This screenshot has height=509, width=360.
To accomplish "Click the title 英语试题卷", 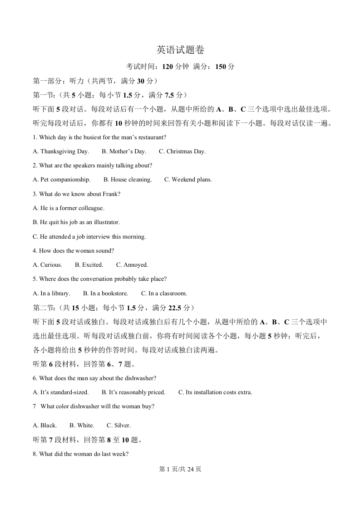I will coord(180,50).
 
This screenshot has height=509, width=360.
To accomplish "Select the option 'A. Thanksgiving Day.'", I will coord(61,152).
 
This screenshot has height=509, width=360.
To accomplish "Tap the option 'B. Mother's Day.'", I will coord(124,152).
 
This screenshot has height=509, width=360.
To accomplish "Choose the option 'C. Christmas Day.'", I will coord(182,152).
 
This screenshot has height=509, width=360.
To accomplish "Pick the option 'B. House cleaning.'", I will coord(128,180).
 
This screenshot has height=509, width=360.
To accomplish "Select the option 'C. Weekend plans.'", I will coord(188,180).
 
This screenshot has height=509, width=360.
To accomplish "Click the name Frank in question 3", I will coord(112,194).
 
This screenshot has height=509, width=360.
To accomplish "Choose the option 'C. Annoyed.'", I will coord(132,265).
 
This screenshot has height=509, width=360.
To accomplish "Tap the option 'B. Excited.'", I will coord(89,265).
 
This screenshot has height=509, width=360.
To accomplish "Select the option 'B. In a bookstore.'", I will coord(105,294).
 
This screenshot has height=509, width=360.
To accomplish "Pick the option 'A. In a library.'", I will coord(51,294).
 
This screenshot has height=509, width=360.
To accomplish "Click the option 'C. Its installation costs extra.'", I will coord(215,392).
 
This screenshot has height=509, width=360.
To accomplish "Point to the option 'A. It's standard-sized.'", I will coord(61,392).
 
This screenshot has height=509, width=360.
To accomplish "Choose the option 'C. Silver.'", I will coord(118,426).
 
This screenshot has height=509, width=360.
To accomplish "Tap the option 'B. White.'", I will coord(82,426).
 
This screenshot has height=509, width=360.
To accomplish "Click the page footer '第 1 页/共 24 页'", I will coord(180,470).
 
